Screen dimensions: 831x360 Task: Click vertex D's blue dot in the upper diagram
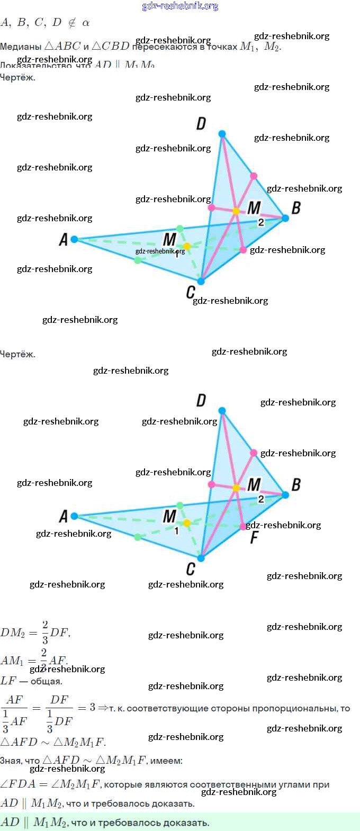[222, 134]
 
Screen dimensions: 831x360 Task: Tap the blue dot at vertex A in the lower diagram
[74, 516]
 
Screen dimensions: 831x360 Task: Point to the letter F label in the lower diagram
[254, 538]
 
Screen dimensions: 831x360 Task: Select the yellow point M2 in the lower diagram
[236, 488]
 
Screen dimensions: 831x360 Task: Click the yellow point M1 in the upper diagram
[187, 246]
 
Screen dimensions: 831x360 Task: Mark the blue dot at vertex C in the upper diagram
[201, 281]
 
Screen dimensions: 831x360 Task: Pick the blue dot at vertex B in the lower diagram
[285, 495]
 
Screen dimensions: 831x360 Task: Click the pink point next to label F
[243, 527]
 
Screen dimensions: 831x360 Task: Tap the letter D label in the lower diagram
[201, 401]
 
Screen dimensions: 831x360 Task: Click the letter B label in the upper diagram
[296, 208]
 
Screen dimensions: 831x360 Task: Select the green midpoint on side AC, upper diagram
[138, 260]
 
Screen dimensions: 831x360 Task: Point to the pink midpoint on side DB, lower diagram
[254, 453]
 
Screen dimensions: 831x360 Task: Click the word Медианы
[21, 47]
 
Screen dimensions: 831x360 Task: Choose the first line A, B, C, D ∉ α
[45, 23]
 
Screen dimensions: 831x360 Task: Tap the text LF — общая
[31, 681]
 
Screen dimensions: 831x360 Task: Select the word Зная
[11, 761]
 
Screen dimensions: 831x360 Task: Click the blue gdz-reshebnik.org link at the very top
[180, 6]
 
